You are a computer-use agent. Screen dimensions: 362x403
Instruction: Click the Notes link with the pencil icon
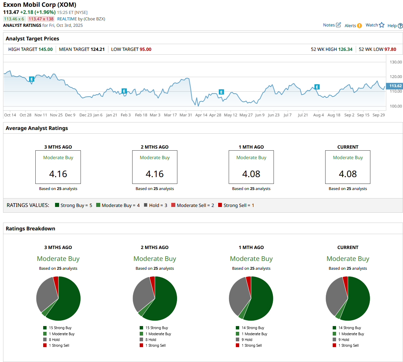332,25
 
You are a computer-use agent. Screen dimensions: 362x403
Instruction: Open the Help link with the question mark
395,25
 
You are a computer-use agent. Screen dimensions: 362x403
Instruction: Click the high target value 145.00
46,49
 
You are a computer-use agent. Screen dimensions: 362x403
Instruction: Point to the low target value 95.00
145,49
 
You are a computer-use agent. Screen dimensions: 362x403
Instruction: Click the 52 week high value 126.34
345,49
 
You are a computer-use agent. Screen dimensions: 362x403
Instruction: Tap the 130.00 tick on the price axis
396,62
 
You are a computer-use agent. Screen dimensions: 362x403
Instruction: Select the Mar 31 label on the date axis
186,115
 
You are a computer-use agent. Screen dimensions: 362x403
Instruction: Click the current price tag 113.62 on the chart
395,86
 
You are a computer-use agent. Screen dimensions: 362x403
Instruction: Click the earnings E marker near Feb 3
124,91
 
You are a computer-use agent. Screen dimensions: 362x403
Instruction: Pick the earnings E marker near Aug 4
317,87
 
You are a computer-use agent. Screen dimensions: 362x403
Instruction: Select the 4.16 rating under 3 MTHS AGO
58,174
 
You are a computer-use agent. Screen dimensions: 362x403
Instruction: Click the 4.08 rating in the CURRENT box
348,174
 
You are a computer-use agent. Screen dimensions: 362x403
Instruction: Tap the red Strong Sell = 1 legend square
220,205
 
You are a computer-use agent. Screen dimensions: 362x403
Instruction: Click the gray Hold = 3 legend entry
156,205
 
